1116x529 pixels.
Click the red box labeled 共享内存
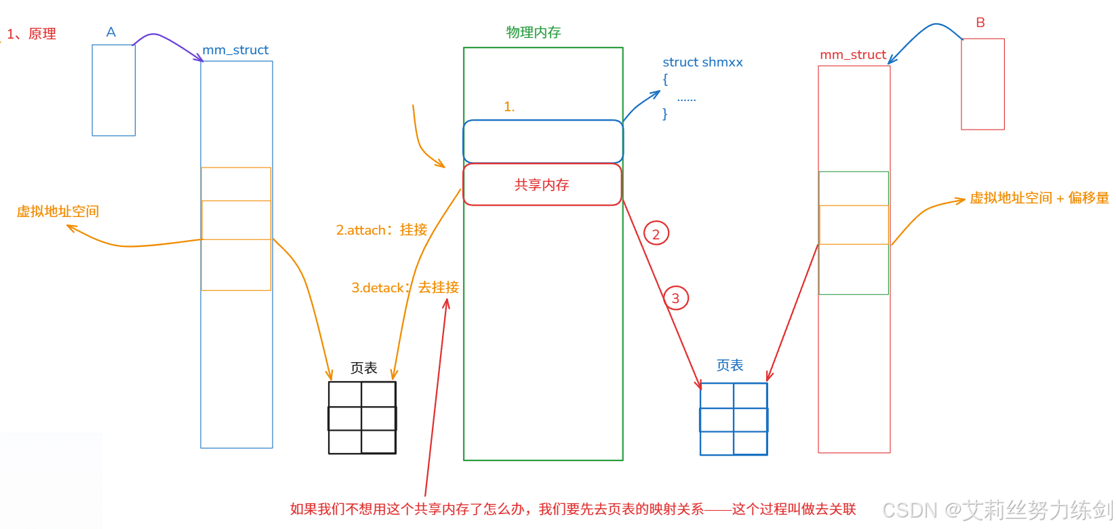(x=542, y=184)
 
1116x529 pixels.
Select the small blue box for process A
(x=113, y=90)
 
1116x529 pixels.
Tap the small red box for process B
(x=982, y=84)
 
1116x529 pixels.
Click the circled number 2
(x=656, y=234)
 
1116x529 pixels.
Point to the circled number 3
(x=675, y=298)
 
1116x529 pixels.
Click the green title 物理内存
(x=534, y=33)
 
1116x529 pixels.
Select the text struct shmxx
(x=702, y=62)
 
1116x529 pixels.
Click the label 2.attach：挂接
(x=382, y=230)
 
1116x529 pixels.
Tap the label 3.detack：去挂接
(x=405, y=288)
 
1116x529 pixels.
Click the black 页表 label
(x=363, y=368)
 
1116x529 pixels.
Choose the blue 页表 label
(x=730, y=366)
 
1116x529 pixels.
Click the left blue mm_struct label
(x=235, y=50)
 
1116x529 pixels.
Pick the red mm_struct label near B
(x=853, y=55)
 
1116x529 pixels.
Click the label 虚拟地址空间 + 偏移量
(x=1039, y=198)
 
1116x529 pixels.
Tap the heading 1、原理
(x=31, y=34)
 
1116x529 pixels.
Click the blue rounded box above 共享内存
(x=542, y=141)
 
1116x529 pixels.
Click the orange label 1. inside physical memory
(x=509, y=107)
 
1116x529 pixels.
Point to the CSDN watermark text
(x=997, y=510)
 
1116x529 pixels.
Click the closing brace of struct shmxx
(x=665, y=114)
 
